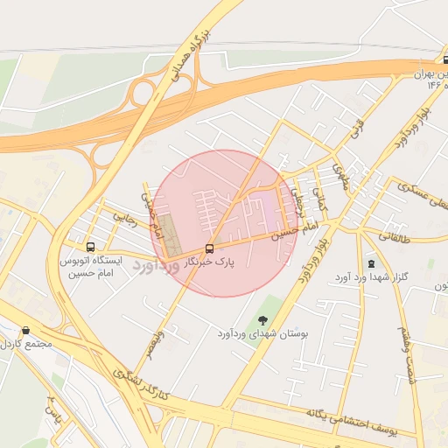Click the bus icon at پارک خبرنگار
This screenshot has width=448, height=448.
(x=209, y=248)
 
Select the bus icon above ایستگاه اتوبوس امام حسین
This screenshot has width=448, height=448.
(x=91, y=247)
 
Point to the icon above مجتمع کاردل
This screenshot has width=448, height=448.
(x=25, y=331)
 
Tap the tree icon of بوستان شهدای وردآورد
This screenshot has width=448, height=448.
(x=264, y=319)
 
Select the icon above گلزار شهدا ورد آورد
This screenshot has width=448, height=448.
(x=371, y=263)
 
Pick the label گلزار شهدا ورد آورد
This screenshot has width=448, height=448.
(x=371, y=277)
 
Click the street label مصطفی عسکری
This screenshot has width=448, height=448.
(x=422, y=198)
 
